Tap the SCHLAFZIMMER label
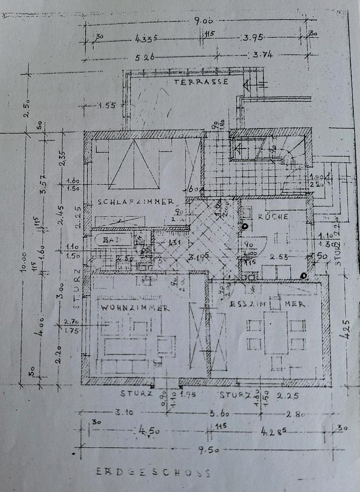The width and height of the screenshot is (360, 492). point(136,202)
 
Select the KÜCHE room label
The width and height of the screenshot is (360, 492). point(273,217)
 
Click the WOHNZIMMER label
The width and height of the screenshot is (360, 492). point(135,308)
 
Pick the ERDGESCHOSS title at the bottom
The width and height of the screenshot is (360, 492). point(153,473)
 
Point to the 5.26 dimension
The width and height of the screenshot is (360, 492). point(149,57)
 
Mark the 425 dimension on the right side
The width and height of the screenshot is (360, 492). point(346,326)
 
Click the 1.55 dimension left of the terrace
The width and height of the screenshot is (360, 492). point(106,106)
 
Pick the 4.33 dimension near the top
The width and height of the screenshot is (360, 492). point(145,39)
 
